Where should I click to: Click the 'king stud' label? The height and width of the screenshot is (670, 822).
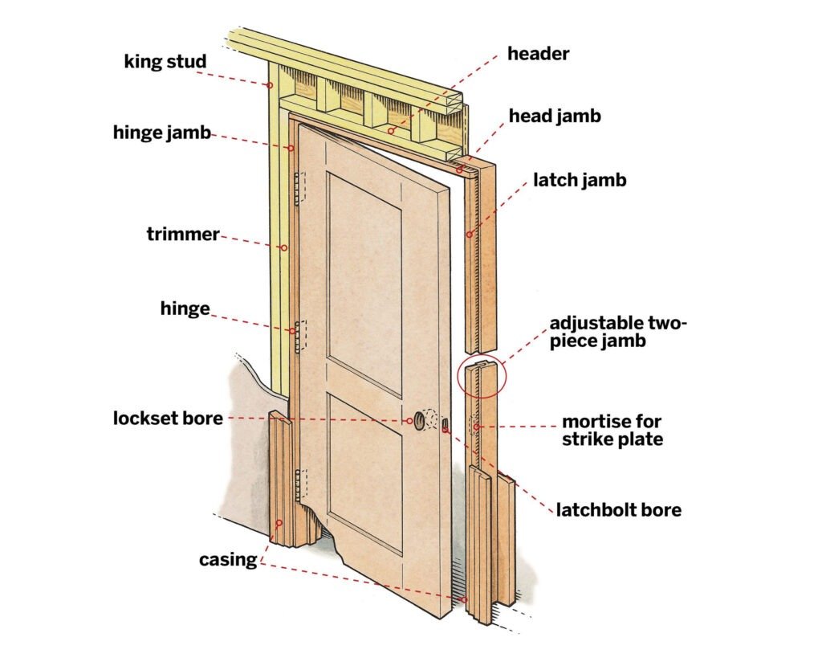[x=165, y=62]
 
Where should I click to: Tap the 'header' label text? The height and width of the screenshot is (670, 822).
[x=538, y=54]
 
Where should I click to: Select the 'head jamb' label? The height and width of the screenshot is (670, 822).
[x=555, y=116]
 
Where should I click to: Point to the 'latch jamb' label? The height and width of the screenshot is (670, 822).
[x=580, y=180]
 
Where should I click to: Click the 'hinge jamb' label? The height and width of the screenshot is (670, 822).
[x=162, y=133]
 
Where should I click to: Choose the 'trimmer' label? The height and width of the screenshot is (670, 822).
[x=183, y=234]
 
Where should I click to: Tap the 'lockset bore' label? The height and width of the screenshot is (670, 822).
[x=168, y=419]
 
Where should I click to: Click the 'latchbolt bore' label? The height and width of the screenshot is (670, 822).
[x=619, y=509]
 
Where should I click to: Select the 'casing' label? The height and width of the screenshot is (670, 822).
[x=228, y=560]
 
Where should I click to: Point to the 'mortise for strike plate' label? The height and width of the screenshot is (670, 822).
[x=612, y=431]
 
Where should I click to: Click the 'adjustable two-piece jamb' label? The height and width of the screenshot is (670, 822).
[x=617, y=332]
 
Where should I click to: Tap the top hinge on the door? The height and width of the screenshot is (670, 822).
[x=299, y=188]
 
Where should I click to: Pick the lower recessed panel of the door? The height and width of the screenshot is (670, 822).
[x=365, y=474]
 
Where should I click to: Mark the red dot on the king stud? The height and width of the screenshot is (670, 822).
[x=270, y=85]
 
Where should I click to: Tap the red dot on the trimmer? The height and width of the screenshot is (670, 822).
[x=285, y=247]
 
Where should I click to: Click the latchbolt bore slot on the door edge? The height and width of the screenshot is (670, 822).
[x=445, y=424]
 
